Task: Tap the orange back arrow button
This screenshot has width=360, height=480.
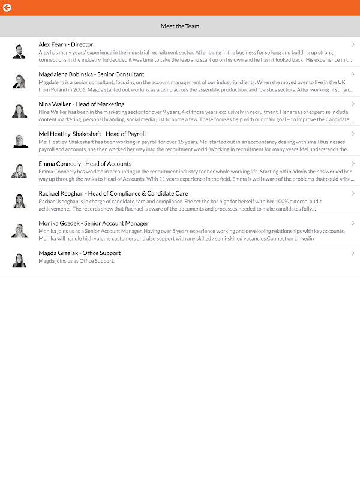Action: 7,8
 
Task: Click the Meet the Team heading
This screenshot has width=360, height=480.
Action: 180,26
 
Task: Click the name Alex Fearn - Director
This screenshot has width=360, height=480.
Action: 66,44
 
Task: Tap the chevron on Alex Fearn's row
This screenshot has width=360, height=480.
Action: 353,44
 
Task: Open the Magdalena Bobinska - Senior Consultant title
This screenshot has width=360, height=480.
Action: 91,74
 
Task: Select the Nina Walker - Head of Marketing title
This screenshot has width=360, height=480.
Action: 82,104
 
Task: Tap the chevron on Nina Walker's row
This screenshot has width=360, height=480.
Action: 353,104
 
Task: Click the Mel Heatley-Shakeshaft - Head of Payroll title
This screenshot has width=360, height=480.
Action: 92,134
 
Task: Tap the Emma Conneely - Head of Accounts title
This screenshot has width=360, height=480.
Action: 85,164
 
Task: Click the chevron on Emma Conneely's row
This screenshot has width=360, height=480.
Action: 353,164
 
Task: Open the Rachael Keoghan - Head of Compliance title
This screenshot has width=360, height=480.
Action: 113,194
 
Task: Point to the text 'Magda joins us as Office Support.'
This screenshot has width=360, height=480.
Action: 76,261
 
